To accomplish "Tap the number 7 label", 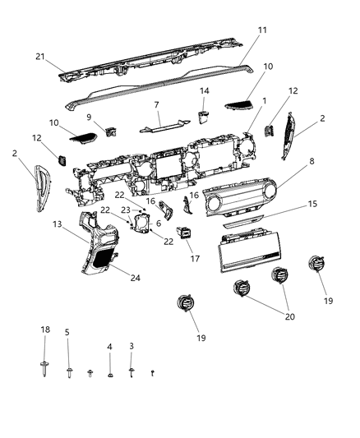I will [155, 106].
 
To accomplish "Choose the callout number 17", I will [196, 258].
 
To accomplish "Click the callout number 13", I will [58, 224].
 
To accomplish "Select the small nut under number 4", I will [110, 375].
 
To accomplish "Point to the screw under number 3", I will [132, 372].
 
